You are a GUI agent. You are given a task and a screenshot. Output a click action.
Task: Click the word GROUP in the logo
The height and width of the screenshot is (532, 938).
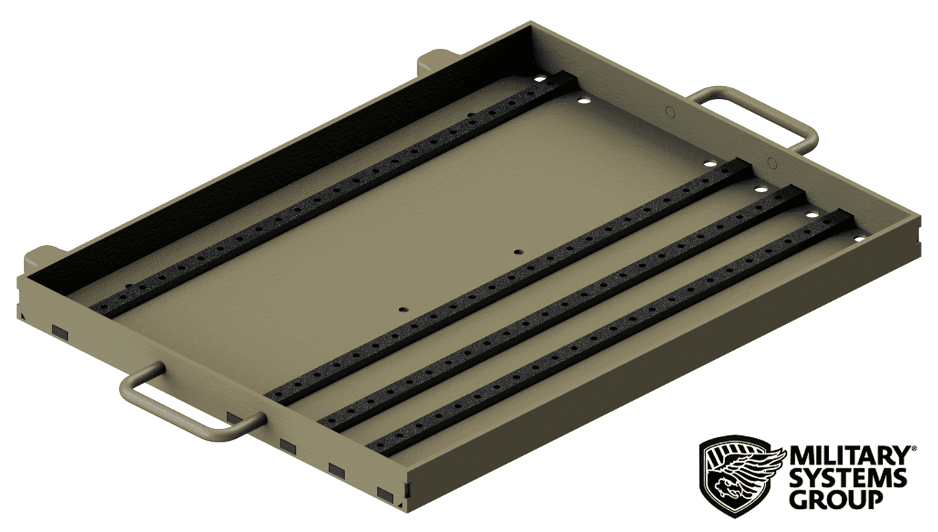[835, 499]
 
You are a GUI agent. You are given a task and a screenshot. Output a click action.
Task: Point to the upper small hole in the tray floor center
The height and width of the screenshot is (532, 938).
[517, 252]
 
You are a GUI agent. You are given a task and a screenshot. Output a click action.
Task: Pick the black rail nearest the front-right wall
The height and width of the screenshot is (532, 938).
[610, 333]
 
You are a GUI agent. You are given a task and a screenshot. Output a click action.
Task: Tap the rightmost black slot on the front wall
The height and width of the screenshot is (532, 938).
[385, 494]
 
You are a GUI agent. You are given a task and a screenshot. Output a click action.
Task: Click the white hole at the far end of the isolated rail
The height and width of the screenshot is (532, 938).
[539, 79]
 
